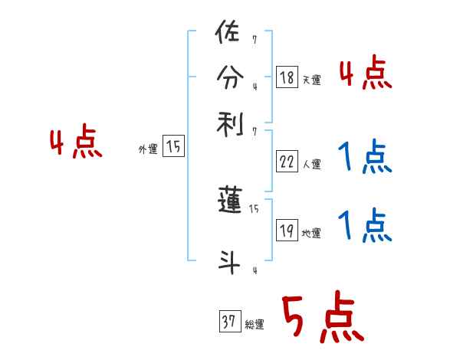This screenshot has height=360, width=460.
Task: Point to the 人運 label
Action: pyautogui.click(x=311, y=164)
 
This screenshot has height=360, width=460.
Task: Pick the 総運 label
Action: pyautogui.click(x=254, y=325)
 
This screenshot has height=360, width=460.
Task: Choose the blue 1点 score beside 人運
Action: pyautogui.click(x=365, y=159)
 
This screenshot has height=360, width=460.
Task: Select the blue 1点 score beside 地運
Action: pyautogui.click(x=365, y=226)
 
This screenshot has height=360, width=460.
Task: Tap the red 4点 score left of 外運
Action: pyautogui.click(x=76, y=144)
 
